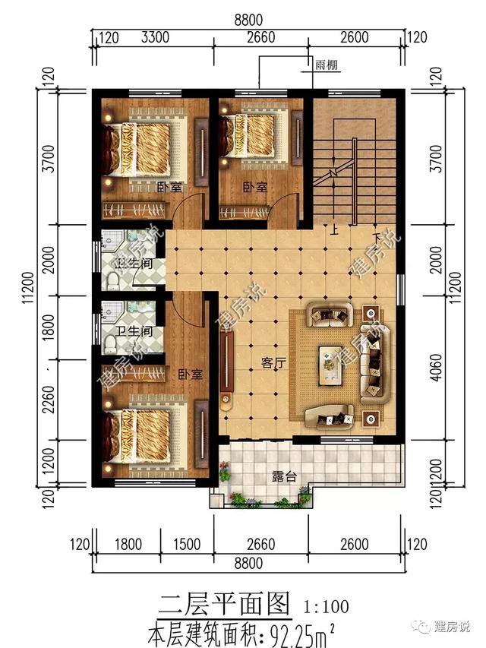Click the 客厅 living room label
tap(273, 363)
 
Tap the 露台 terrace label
tap(284, 476)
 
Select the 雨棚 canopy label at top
tap(327, 65)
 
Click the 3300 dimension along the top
tap(155, 38)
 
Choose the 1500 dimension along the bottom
tap(187, 544)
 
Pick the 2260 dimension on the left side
tap(49, 400)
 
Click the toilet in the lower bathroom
tap(110, 345)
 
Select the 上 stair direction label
tap(334, 229)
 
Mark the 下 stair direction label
tap(376, 237)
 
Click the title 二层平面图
tap(225, 604)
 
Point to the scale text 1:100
tap(327, 607)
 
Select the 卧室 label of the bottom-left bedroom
tap(191, 375)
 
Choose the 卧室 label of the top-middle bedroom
tap(255, 187)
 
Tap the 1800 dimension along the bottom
tap(128, 544)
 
